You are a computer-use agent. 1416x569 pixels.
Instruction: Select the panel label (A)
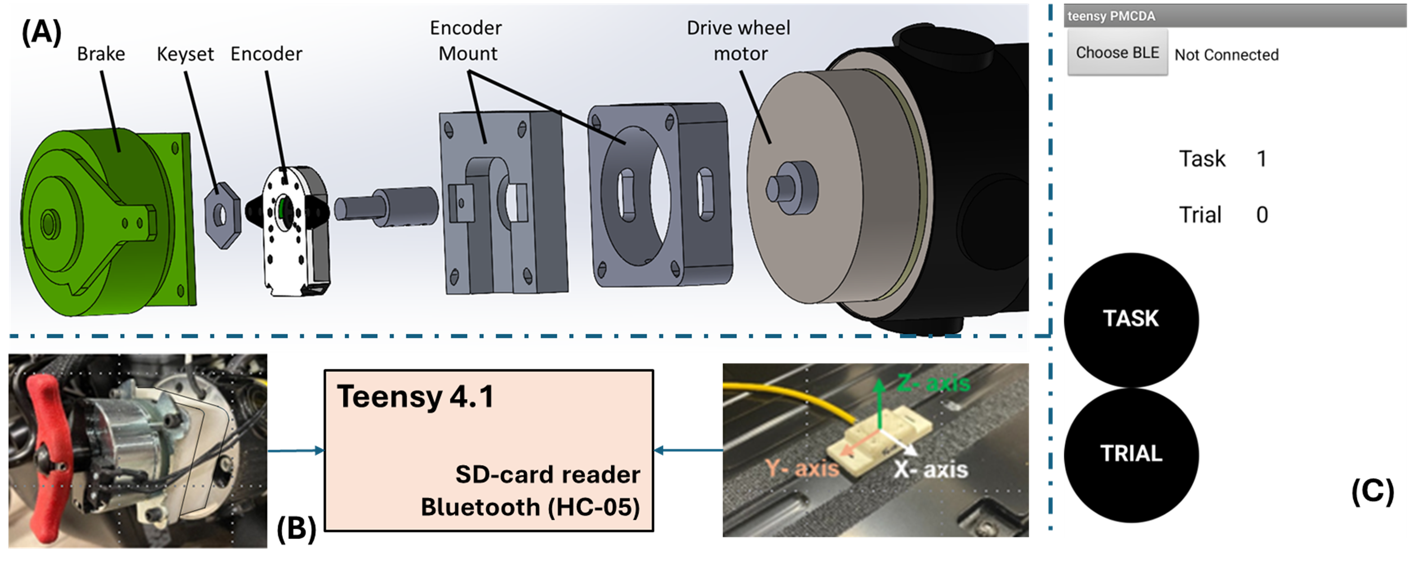click(x=41, y=33)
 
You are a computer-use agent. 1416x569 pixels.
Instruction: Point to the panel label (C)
click(x=1372, y=492)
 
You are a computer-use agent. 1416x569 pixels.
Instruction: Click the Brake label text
click(x=101, y=54)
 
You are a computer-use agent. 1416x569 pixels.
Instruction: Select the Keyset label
click(x=185, y=54)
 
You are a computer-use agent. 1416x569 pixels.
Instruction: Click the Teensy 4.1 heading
click(x=416, y=396)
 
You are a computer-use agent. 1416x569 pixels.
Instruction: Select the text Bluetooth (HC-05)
click(x=530, y=507)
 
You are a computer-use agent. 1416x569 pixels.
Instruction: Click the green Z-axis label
click(x=934, y=383)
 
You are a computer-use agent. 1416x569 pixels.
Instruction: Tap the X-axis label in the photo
click(x=930, y=469)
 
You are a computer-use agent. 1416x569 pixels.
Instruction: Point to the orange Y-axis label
click(x=802, y=468)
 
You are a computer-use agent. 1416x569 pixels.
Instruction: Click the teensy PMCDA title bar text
click(x=1111, y=16)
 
